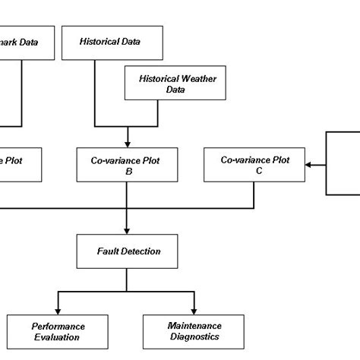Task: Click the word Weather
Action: point(182,78)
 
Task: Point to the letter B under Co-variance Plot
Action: point(128,172)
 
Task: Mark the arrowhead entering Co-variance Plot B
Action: point(128,143)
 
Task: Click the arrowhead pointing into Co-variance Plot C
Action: point(308,163)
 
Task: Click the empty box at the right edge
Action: point(343,163)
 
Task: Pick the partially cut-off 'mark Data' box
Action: point(27,43)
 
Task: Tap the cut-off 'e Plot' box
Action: point(20,165)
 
